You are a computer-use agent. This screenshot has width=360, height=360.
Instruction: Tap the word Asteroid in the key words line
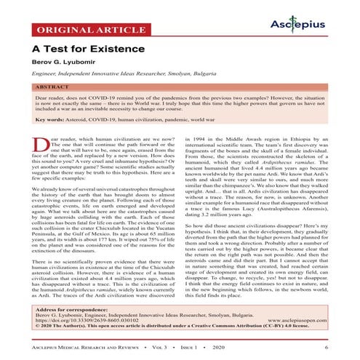(81, 138)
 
